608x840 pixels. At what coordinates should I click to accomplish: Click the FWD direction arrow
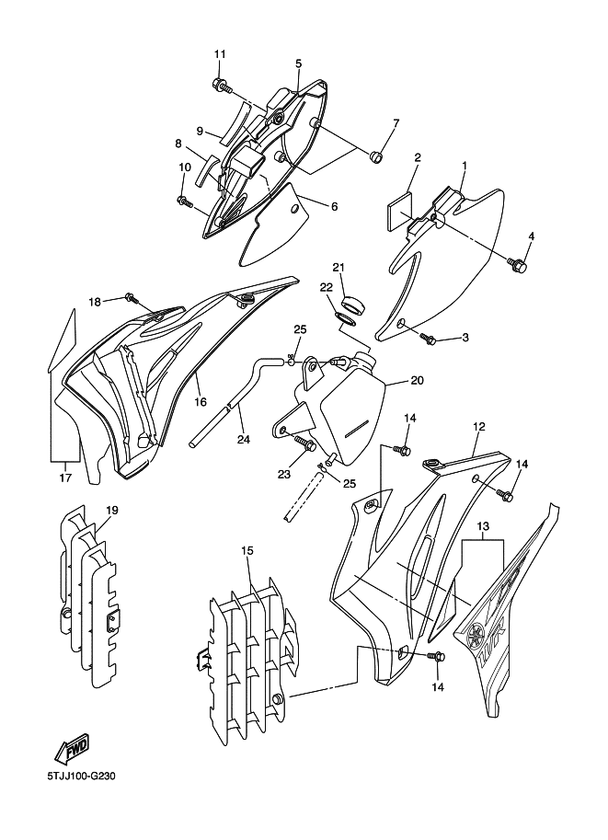click(71, 749)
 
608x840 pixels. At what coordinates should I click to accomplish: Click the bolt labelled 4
click(518, 264)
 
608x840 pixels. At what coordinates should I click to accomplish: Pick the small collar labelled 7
click(376, 157)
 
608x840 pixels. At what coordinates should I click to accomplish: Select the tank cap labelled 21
click(353, 304)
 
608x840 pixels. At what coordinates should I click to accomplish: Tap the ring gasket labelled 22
click(346, 320)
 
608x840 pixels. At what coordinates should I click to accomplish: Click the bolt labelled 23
click(304, 443)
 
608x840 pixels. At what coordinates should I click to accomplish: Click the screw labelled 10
click(185, 201)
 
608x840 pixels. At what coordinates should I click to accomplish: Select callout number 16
click(200, 401)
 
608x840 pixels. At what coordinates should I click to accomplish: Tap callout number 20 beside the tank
click(418, 380)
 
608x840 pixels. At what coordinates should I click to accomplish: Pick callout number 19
click(111, 510)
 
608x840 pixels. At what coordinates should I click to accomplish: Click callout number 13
click(483, 526)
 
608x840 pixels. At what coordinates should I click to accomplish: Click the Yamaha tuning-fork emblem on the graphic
click(475, 637)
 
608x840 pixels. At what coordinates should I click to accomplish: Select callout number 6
click(334, 206)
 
